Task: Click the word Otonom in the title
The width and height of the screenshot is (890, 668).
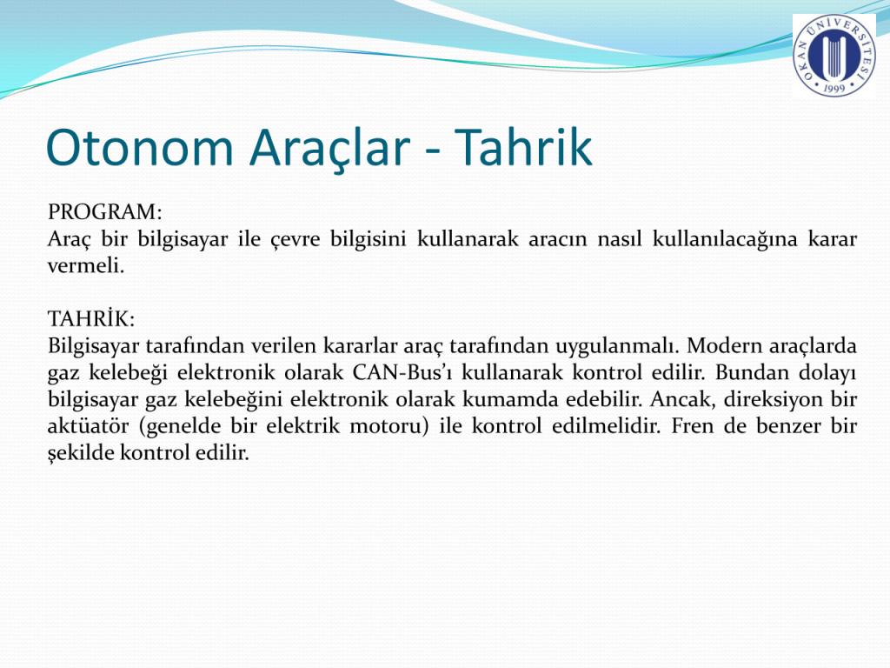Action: pyautogui.click(x=139, y=147)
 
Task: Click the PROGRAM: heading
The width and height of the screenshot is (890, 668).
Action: pyautogui.click(x=105, y=212)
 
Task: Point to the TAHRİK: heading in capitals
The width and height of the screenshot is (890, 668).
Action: pyautogui.click(x=91, y=318)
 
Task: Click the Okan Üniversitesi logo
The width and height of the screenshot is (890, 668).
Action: pyautogui.click(x=834, y=55)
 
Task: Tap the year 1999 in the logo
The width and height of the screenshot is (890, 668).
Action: pyautogui.click(x=834, y=88)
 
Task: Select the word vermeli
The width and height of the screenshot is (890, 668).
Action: pyautogui.click(x=86, y=265)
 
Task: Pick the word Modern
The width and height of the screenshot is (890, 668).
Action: pyautogui.click(x=722, y=345)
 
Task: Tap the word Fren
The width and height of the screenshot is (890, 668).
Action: pyautogui.click(x=692, y=426)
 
